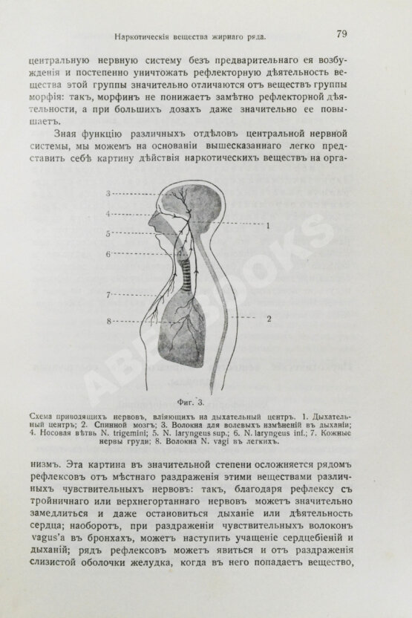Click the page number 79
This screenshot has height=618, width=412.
(342, 33)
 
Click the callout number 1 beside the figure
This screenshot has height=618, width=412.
(269, 224)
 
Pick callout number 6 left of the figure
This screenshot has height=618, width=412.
(108, 254)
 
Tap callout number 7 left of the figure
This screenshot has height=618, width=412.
(108, 295)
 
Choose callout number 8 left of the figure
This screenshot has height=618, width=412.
(108, 321)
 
